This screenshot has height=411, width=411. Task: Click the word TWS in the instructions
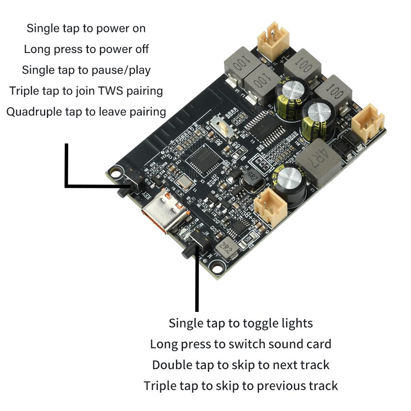[111, 90]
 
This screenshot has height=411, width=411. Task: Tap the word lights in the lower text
[295, 323]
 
